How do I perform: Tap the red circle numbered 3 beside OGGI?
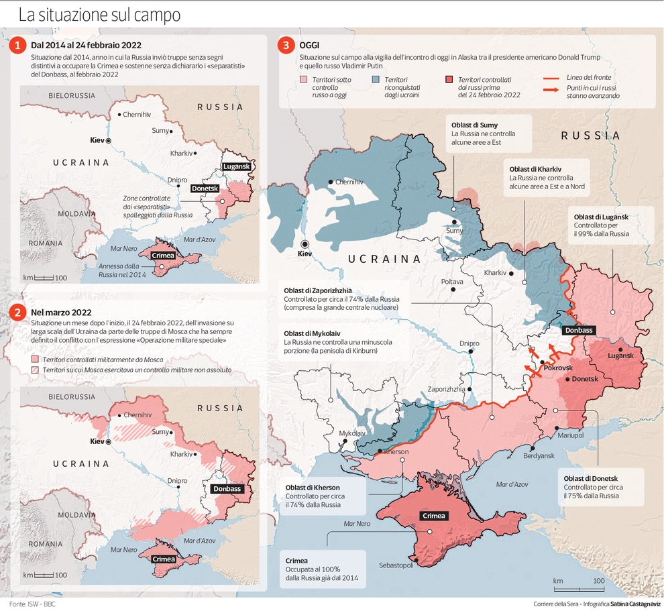(x=287, y=46)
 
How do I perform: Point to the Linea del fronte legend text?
(x=588, y=78)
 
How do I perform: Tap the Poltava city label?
(x=452, y=282)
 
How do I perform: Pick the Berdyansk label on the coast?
(x=539, y=455)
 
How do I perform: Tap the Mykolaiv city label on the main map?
(x=353, y=433)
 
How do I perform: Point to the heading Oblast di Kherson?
(x=313, y=487)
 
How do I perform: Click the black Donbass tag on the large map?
(x=578, y=330)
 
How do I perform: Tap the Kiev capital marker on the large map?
(x=305, y=244)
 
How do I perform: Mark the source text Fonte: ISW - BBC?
(x=33, y=604)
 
